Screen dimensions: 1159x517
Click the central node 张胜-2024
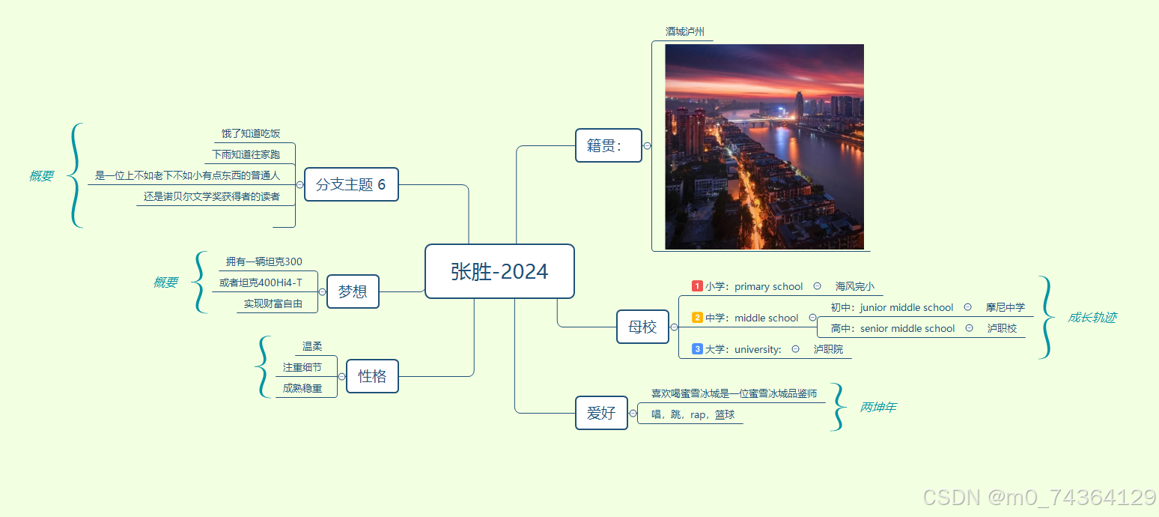point(499,271)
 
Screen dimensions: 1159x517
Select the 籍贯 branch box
point(608,145)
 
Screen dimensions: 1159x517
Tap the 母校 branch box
point(642,327)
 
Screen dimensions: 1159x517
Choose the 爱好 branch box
point(601,413)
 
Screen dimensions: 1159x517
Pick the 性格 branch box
point(372,376)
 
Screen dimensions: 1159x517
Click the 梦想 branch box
point(353,291)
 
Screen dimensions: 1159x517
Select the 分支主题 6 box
point(351,184)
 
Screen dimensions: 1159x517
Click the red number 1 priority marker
point(697,286)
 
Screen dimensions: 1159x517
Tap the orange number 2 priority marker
point(697,318)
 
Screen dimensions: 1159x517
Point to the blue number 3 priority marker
point(697,349)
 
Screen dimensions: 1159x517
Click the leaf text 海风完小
point(854,286)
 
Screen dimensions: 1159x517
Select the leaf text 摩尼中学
point(1005,307)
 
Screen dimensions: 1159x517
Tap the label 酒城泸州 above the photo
point(684,31)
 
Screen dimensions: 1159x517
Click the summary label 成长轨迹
point(1092,318)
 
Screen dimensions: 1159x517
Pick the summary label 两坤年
point(877,408)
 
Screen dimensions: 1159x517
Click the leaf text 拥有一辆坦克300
point(264,261)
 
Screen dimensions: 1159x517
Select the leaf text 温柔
point(312,346)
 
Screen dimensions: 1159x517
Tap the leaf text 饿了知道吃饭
point(251,133)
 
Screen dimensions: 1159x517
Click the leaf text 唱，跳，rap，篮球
point(693,414)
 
